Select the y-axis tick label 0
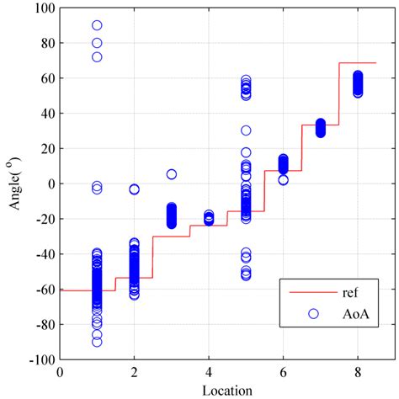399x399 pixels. [50, 184]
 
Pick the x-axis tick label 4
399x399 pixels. [209, 370]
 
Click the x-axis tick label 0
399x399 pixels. [60, 370]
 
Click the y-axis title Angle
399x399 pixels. [14, 183]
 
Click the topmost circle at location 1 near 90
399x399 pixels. [97, 26]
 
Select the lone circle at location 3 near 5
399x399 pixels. [171, 174]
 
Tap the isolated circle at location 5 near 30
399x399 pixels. [246, 130]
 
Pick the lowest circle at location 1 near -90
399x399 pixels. [97, 342]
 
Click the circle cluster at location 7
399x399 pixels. [320, 128]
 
